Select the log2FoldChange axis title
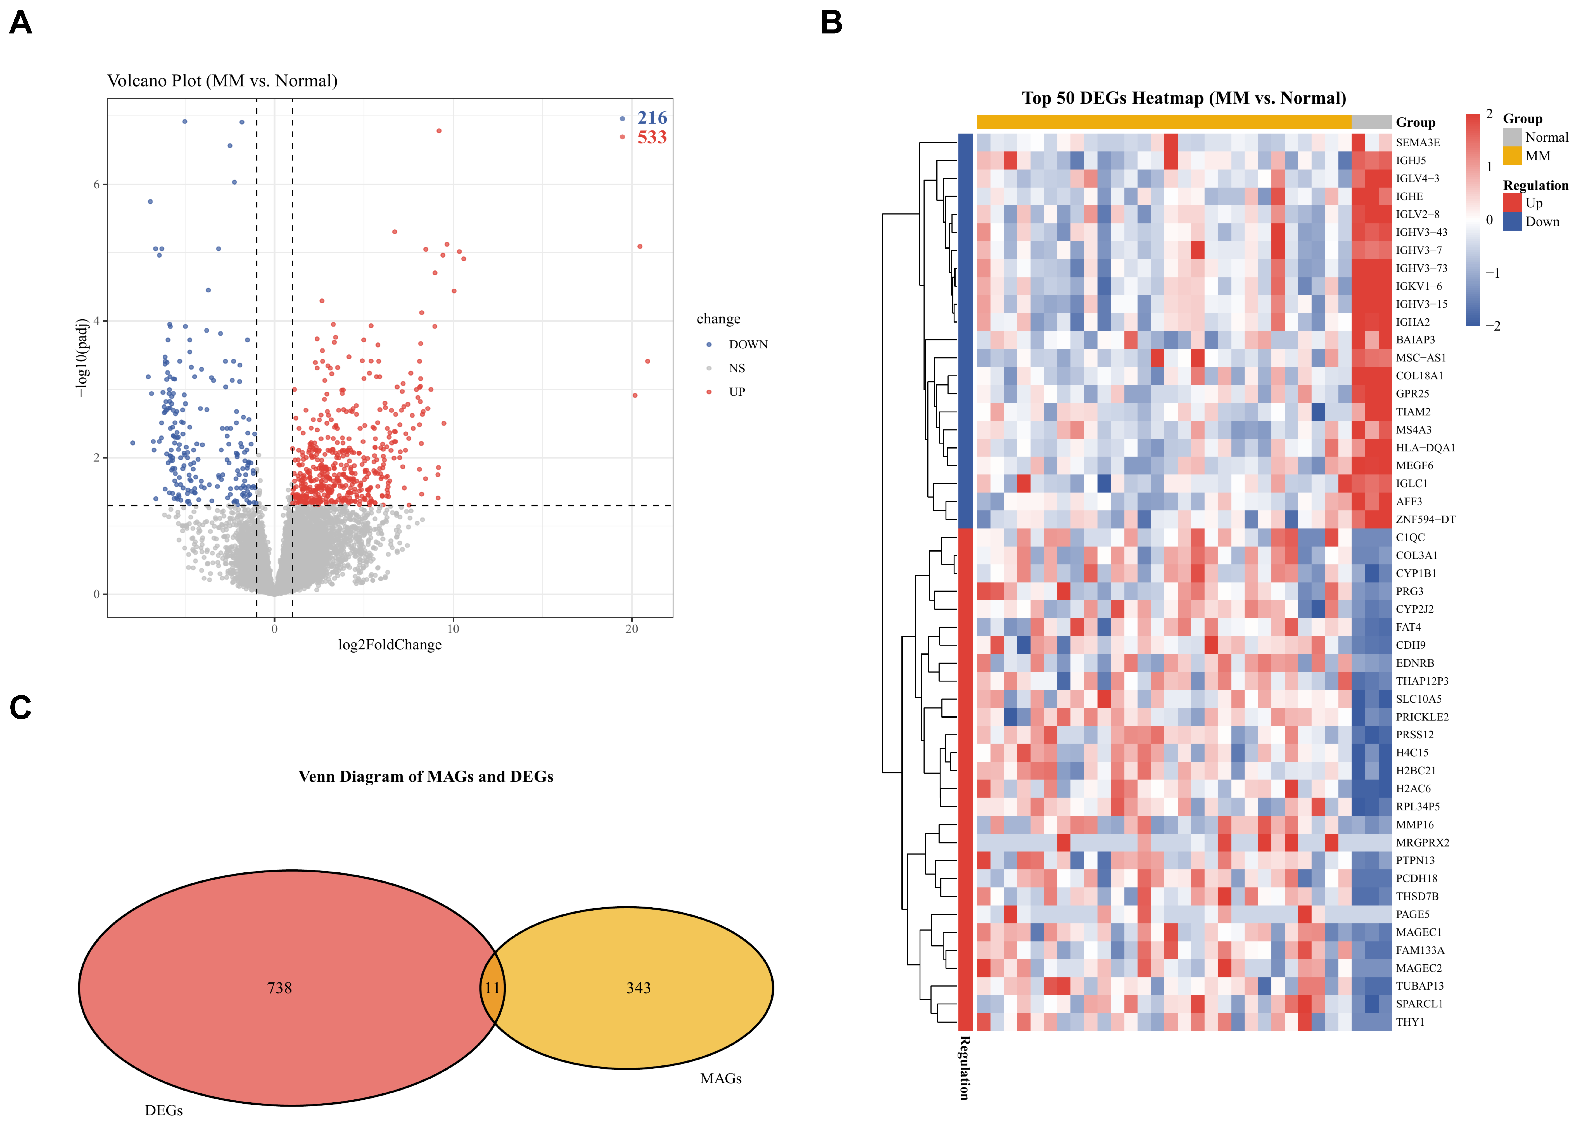pos(389,645)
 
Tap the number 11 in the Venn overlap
pos(492,987)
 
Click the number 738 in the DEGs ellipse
pos(280,987)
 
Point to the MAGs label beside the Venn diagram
pos(721,1078)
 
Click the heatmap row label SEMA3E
pos(1417,142)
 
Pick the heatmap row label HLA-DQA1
pos(1425,448)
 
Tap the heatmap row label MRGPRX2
pos(1422,842)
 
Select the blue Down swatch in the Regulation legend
pos(1512,221)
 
